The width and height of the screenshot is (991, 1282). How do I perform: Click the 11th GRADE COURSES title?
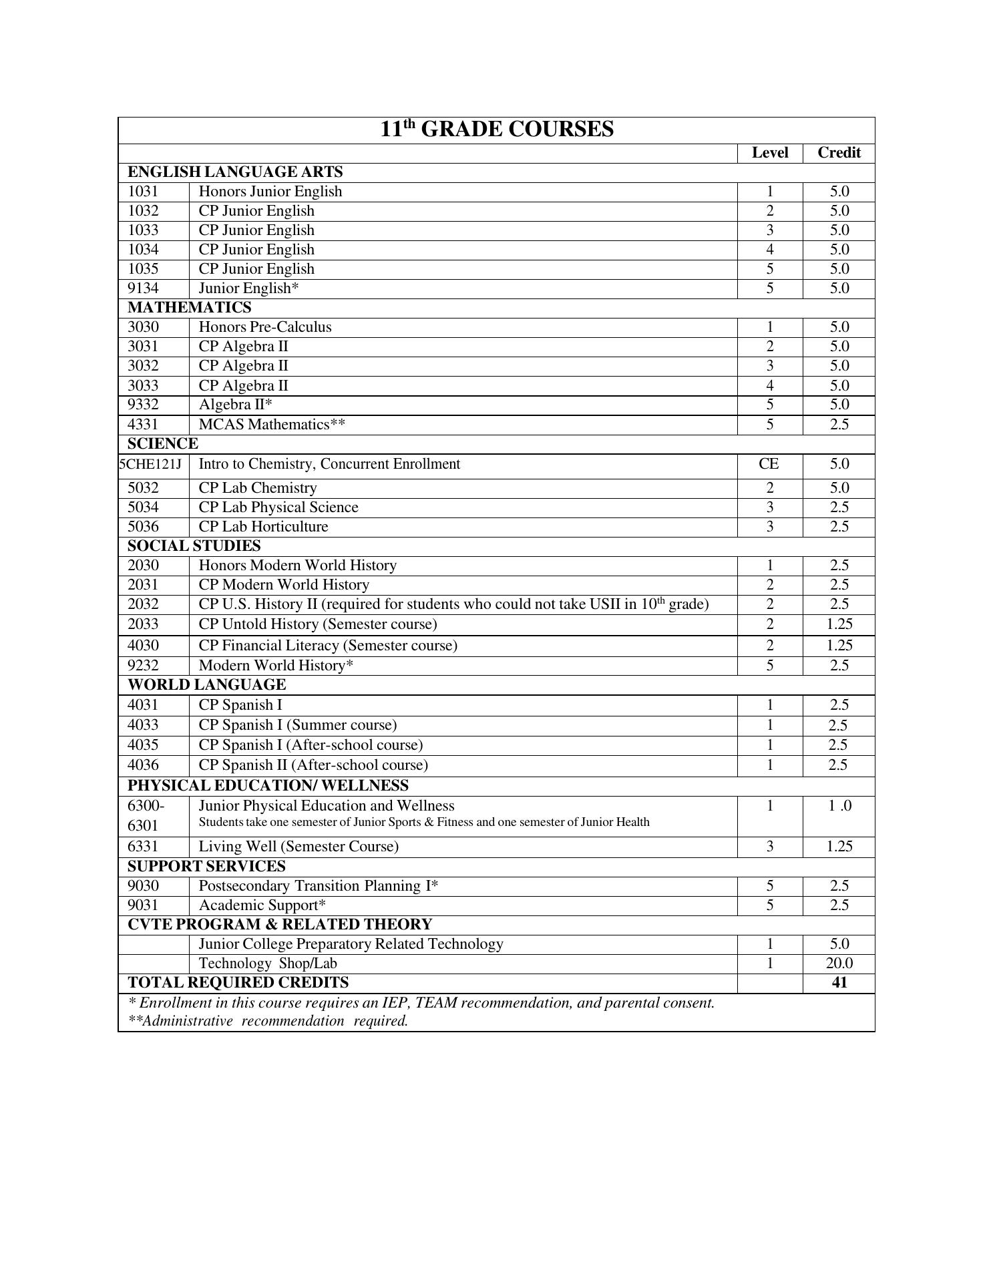tap(496, 129)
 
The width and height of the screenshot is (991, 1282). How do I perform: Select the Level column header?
tap(769, 153)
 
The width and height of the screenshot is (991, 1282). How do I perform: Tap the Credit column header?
tap(839, 153)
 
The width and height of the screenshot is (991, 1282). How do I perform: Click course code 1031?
tap(144, 192)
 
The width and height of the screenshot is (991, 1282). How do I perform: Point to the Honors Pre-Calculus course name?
tap(265, 327)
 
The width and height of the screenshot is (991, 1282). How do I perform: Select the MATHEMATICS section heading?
tap(190, 308)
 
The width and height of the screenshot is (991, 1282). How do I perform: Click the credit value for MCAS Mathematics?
tap(839, 425)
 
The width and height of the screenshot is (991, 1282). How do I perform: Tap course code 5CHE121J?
tap(151, 464)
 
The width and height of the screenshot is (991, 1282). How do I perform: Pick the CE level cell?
tap(769, 464)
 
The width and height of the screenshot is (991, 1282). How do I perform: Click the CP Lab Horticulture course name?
tap(264, 527)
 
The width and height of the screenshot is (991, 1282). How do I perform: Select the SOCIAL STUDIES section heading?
tap(194, 546)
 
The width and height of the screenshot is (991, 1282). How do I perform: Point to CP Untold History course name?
tap(318, 624)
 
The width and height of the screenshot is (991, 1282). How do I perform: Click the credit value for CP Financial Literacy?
tap(839, 646)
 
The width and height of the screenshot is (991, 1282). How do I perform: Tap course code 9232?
tap(144, 666)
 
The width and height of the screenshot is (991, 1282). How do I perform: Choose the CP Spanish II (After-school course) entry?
tap(313, 765)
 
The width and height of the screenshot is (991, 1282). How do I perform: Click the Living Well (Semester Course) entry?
tap(299, 847)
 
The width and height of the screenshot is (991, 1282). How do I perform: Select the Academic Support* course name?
tap(262, 905)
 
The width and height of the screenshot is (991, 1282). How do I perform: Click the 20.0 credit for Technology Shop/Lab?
tap(839, 964)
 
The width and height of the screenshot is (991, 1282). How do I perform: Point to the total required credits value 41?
tap(839, 983)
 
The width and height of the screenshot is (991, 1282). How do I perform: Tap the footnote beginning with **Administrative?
tap(268, 1021)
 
